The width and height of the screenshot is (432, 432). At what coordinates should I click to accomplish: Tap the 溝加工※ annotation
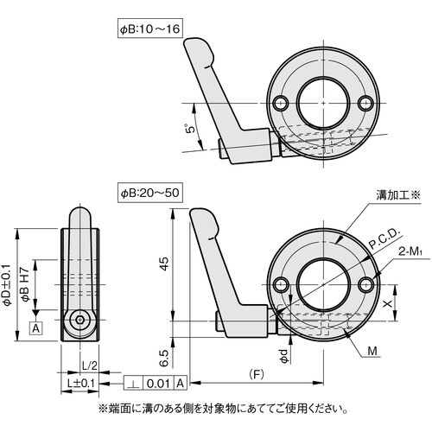pyautogui.click(x=395, y=196)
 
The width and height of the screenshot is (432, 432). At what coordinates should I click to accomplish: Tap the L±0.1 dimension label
pyautogui.click(x=84, y=381)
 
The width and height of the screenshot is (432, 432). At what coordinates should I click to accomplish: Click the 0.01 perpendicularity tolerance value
pyautogui.click(x=159, y=382)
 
